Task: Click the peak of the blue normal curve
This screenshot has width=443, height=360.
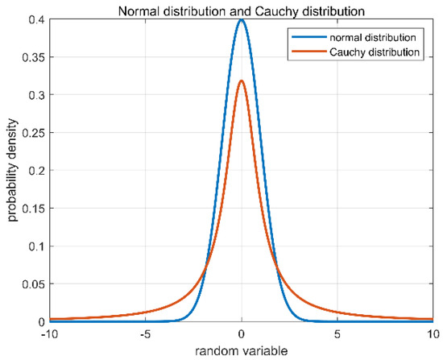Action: point(242,20)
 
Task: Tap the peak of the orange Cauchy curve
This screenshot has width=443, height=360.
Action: point(242,81)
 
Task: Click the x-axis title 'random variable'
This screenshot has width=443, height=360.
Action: point(242,350)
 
